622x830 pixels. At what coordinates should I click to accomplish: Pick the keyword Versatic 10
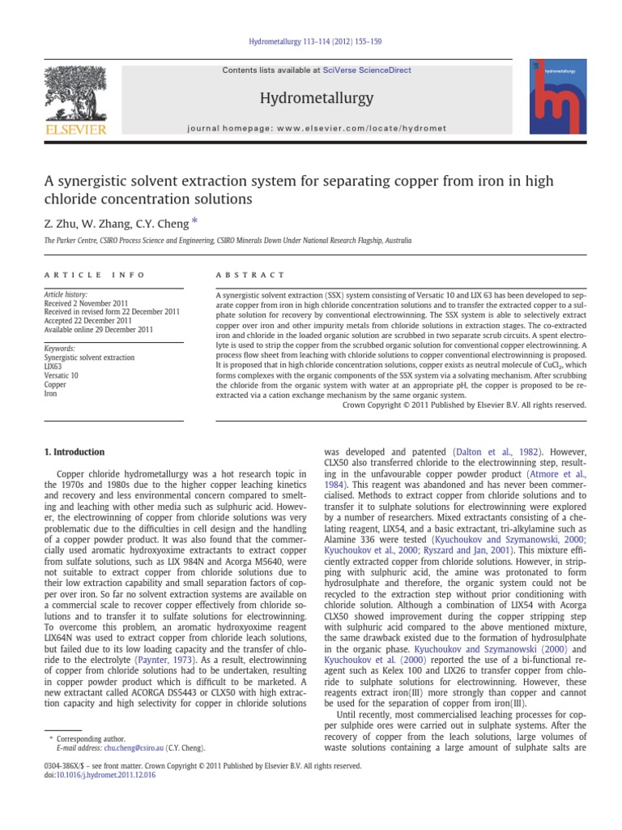(x=61, y=375)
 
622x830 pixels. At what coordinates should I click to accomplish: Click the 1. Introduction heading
(x=73, y=452)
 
